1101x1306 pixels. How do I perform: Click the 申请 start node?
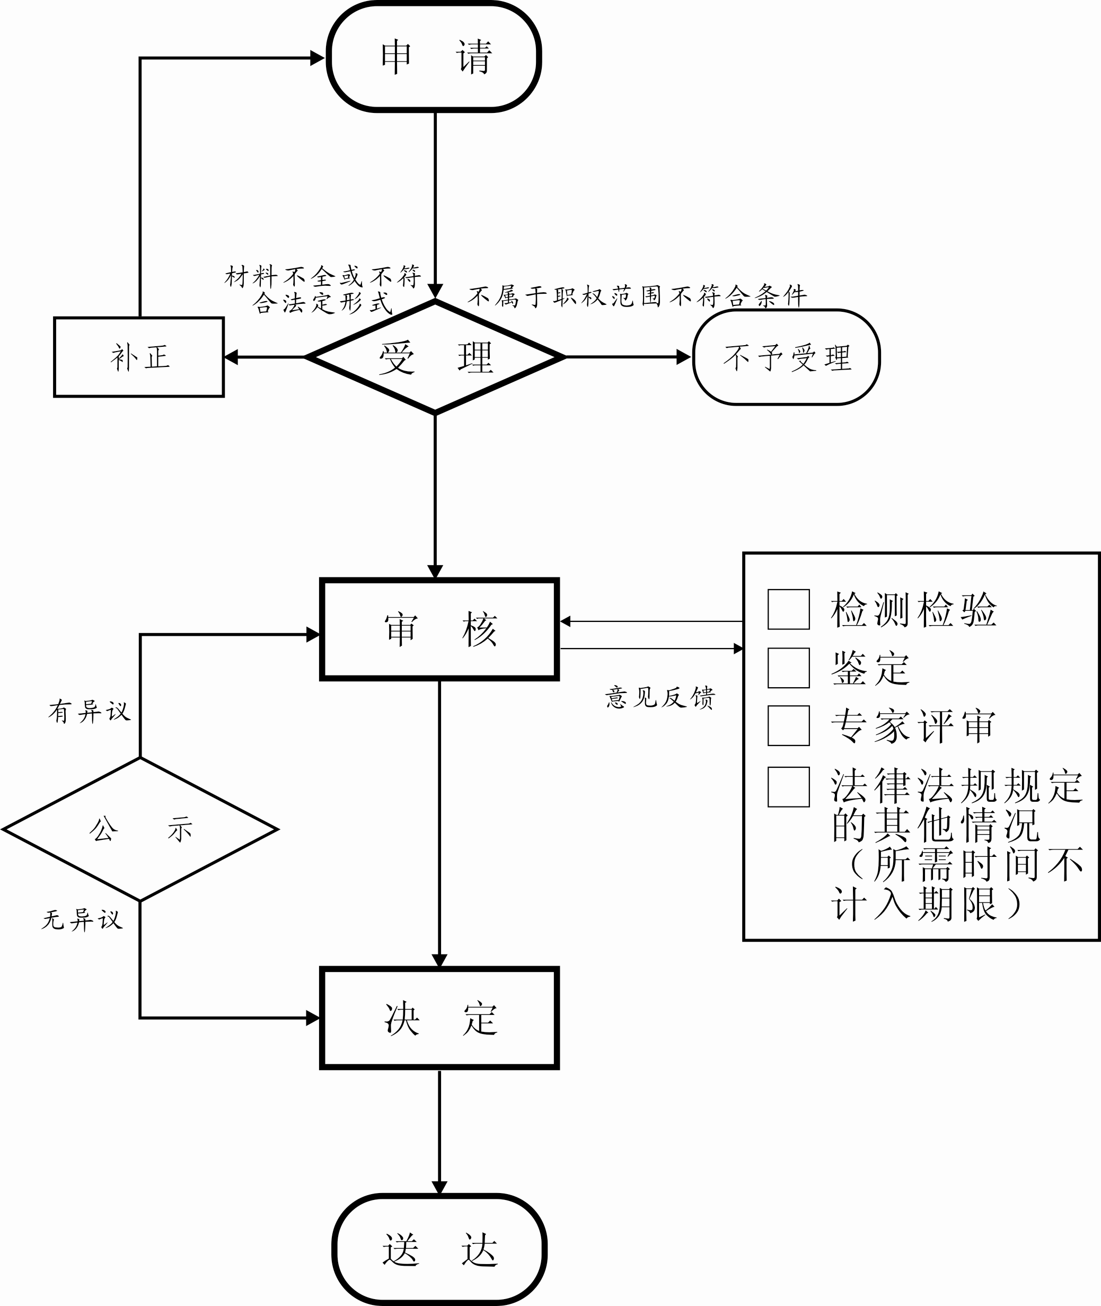coord(434,57)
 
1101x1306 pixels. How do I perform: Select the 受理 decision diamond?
coord(435,357)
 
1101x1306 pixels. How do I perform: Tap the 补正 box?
coord(139,357)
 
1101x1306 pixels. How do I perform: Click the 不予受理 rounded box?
coord(787,357)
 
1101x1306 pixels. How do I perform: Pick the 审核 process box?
coord(439,629)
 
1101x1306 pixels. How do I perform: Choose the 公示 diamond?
coord(140,829)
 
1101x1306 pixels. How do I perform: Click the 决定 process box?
coord(439,1018)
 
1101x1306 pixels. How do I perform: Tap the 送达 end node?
coord(439,1250)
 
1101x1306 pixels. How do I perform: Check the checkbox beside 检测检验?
coord(788,609)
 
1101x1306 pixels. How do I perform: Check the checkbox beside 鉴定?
coord(788,668)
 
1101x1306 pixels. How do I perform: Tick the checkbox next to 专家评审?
coord(788,725)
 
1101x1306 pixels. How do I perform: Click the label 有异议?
coord(89,711)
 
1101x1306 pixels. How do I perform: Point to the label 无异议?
coord(82,919)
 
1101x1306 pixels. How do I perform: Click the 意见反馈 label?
coord(660,697)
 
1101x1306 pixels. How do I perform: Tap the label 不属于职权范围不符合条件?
coord(637,296)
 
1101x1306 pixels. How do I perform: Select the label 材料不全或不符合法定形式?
coord(323,289)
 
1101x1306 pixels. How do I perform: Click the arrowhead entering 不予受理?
coord(684,357)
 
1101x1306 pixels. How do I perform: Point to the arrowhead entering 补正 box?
coord(231,357)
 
